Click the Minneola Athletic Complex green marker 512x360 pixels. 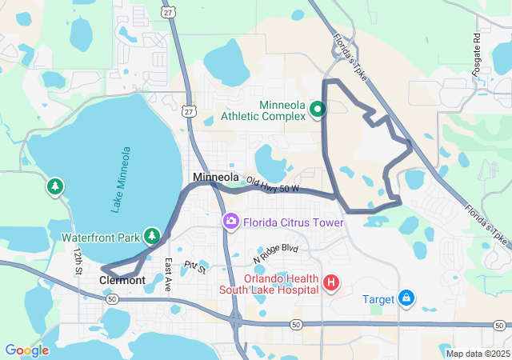pos(317,110)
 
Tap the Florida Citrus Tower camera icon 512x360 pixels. pos(231,220)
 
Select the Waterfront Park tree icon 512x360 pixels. pos(152,236)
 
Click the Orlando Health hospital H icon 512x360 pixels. pos(330,282)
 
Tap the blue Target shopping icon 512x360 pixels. pos(406,298)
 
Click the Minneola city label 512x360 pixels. pos(215,177)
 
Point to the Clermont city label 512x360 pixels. pos(122,281)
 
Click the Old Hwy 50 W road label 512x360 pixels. pos(272,185)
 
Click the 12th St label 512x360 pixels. pos(78,261)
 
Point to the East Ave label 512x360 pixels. pos(168,274)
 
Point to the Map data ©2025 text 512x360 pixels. pos(478,354)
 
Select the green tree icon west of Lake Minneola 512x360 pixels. pos(54,186)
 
